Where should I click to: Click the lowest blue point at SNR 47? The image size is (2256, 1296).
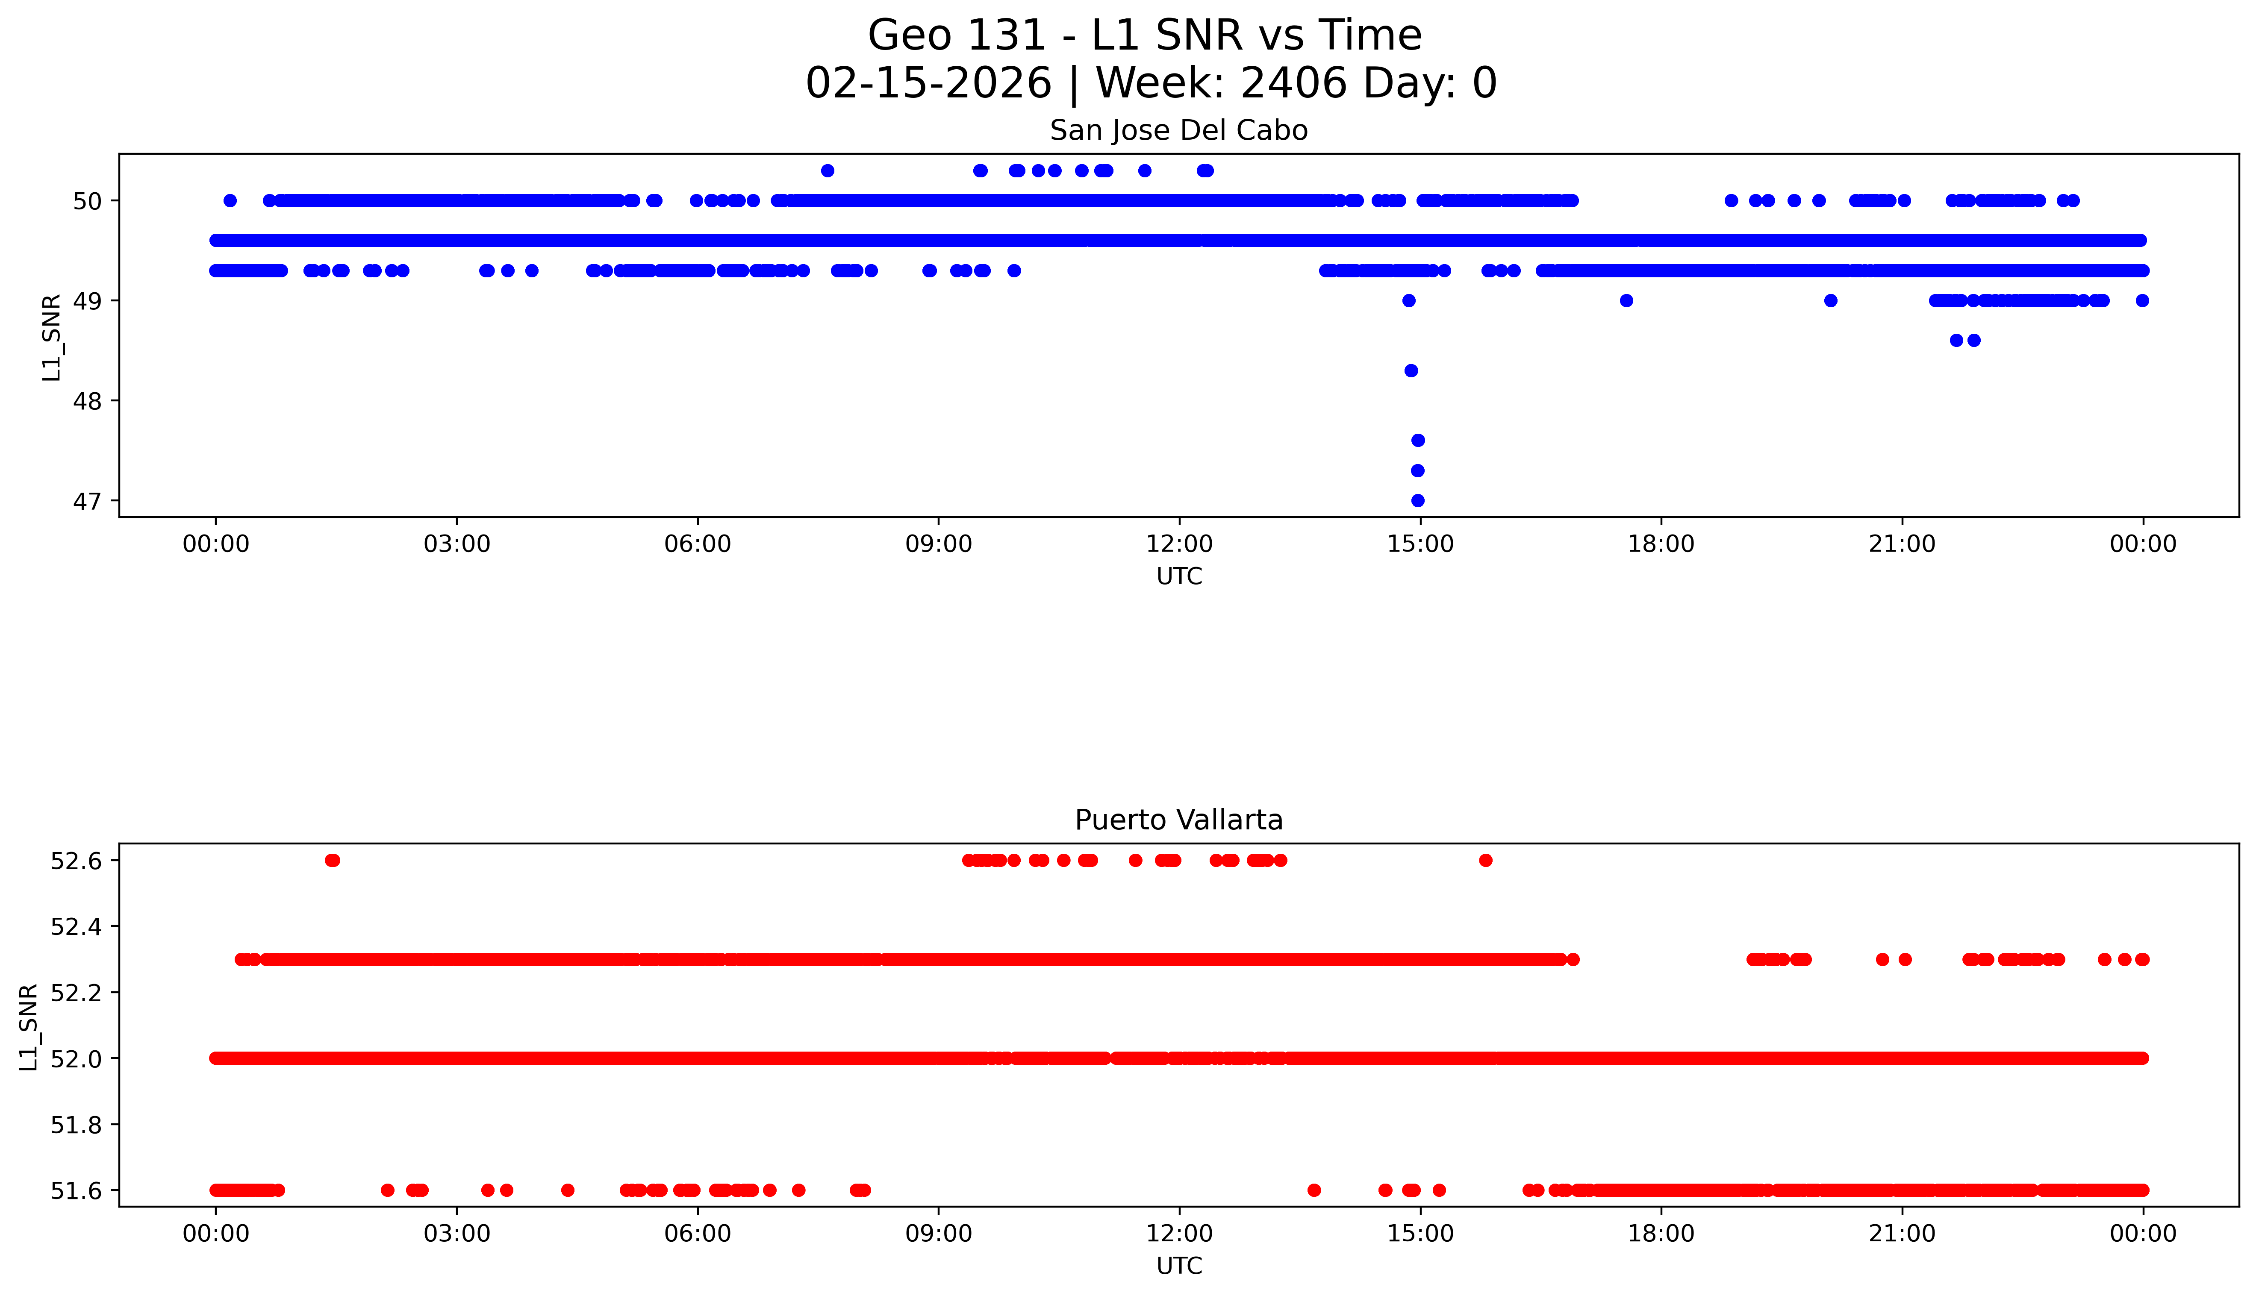pyautogui.click(x=1417, y=500)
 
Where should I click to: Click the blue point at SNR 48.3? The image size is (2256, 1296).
pyautogui.click(x=1410, y=370)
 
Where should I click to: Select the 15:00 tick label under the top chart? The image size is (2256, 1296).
pyautogui.click(x=1420, y=544)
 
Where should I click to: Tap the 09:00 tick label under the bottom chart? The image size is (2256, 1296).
pyautogui.click(x=938, y=1234)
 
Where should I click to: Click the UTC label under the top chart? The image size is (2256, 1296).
pyautogui.click(x=1179, y=577)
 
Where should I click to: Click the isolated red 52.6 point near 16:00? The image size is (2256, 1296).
pyautogui.click(x=1485, y=860)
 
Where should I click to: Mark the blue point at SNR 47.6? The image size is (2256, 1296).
pyautogui.click(x=1417, y=440)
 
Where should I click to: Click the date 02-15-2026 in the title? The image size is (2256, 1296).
pyautogui.click(x=928, y=84)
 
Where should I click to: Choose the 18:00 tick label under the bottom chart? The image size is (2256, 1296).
pyautogui.click(x=1661, y=1234)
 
